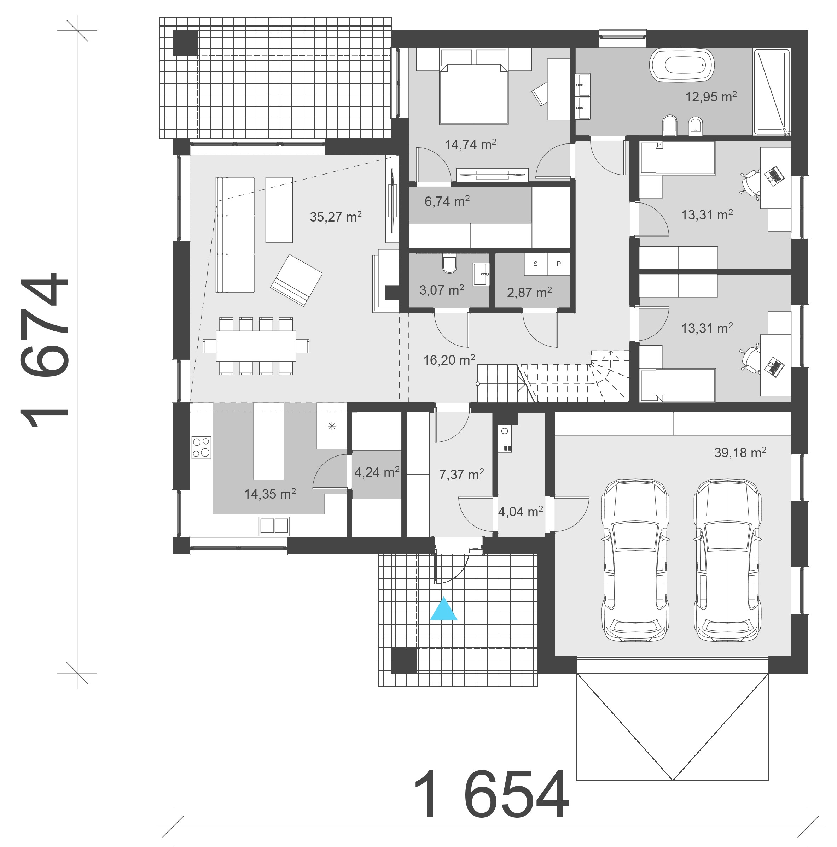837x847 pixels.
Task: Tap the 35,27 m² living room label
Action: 335,217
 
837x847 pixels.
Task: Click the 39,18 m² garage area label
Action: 740,452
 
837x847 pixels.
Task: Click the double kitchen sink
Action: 274,525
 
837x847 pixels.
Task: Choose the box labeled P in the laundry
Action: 558,264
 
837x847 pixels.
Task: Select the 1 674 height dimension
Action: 44,351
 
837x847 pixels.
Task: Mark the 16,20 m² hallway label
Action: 449,360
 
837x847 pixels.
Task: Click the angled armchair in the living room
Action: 296,280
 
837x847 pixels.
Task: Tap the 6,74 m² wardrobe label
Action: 447,201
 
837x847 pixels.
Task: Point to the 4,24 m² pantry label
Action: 376,472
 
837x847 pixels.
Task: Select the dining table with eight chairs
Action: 256,346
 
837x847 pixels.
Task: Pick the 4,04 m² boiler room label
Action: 520,511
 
